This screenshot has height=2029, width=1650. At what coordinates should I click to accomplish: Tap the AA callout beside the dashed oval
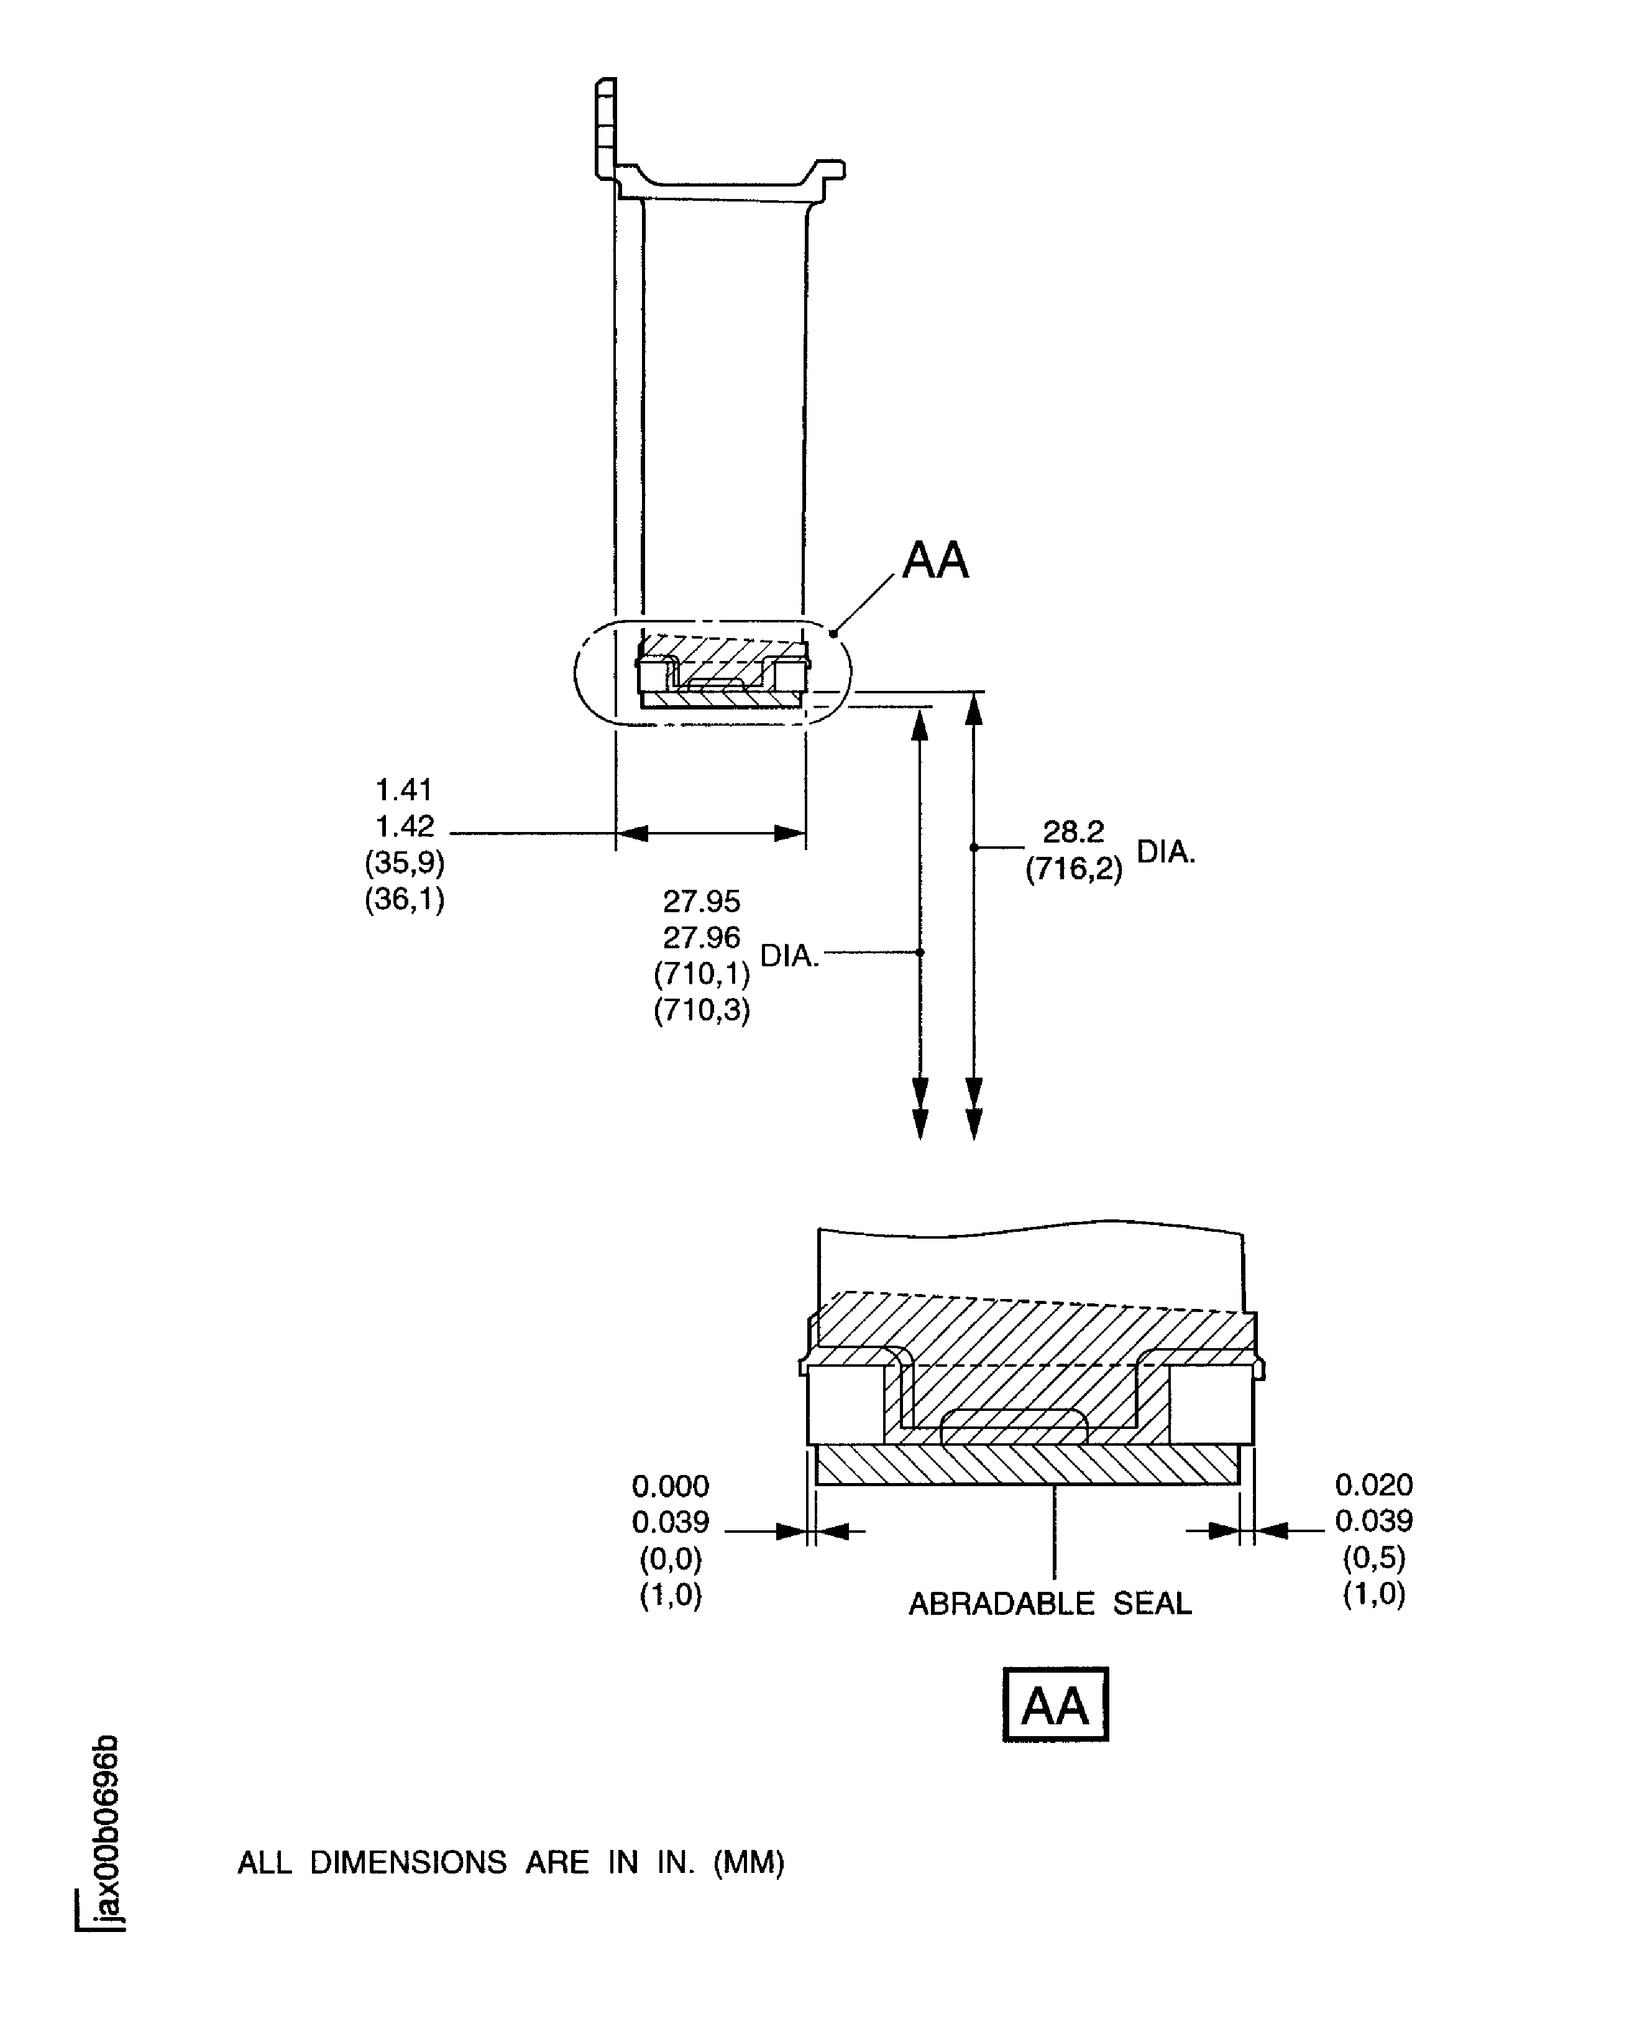click(x=935, y=560)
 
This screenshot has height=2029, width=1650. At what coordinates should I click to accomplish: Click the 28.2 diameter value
click(x=1073, y=832)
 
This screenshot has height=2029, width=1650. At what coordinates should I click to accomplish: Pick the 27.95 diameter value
click(x=702, y=900)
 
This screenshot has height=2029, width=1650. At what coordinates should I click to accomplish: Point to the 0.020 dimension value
click(x=1373, y=1484)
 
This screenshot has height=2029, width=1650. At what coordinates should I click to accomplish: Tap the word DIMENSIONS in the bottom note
click(x=409, y=1862)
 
